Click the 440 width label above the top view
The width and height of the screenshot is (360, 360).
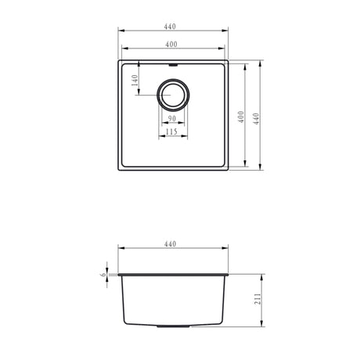[x=171, y=26]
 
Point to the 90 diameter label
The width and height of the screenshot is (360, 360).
[x=171, y=118]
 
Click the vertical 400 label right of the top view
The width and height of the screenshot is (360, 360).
[x=243, y=117]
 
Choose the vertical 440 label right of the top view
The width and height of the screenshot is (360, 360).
[x=255, y=117]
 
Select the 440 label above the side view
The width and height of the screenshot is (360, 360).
[x=171, y=245]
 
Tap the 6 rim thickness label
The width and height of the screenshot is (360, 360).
[x=103, y=275]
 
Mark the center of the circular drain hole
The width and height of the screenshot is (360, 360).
[x=172, y=95]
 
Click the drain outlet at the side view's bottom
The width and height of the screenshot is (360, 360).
[x=171, y=326]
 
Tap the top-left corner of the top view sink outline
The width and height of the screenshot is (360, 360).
[x=119, y=59]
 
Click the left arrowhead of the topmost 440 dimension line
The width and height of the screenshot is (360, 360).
[x=119, y=31]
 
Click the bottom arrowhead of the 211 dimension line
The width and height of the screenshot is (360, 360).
[x=261, y=325]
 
